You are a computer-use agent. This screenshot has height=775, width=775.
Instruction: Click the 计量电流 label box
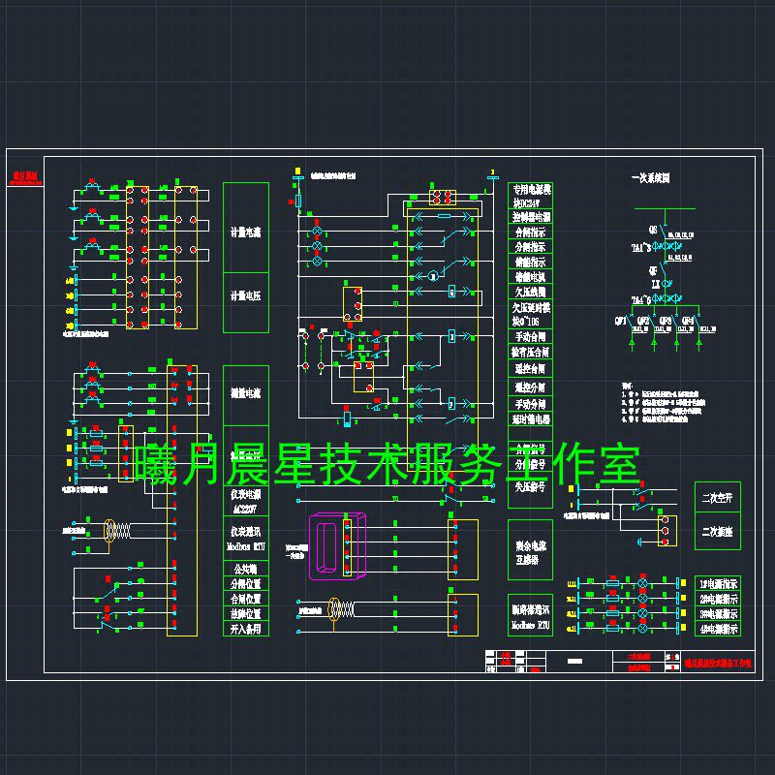coord(246,232)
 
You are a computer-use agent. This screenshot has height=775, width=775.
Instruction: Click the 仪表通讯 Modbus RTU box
coord(246,540)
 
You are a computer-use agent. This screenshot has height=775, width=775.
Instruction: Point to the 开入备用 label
coord(246,629)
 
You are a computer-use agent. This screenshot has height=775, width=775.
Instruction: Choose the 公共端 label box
coord(246,570)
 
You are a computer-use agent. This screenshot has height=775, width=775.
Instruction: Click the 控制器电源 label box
coord(530,218)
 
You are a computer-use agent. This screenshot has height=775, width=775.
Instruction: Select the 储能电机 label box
coord(530,277)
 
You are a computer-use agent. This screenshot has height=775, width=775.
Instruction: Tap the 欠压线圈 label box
coord(530,292)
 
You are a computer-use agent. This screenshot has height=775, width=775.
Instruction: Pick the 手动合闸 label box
coord(530,336)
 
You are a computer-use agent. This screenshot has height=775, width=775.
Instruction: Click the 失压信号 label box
coord(530,487)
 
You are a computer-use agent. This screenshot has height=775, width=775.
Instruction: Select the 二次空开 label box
coord(717,499)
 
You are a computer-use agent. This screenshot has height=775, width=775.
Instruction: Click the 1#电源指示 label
coord(717,584)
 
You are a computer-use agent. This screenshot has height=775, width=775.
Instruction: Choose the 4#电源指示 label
coord(717,629)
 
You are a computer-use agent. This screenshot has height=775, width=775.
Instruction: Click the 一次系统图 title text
coord(650,178)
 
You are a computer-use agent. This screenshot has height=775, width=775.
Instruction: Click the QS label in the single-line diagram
coord(652,231)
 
